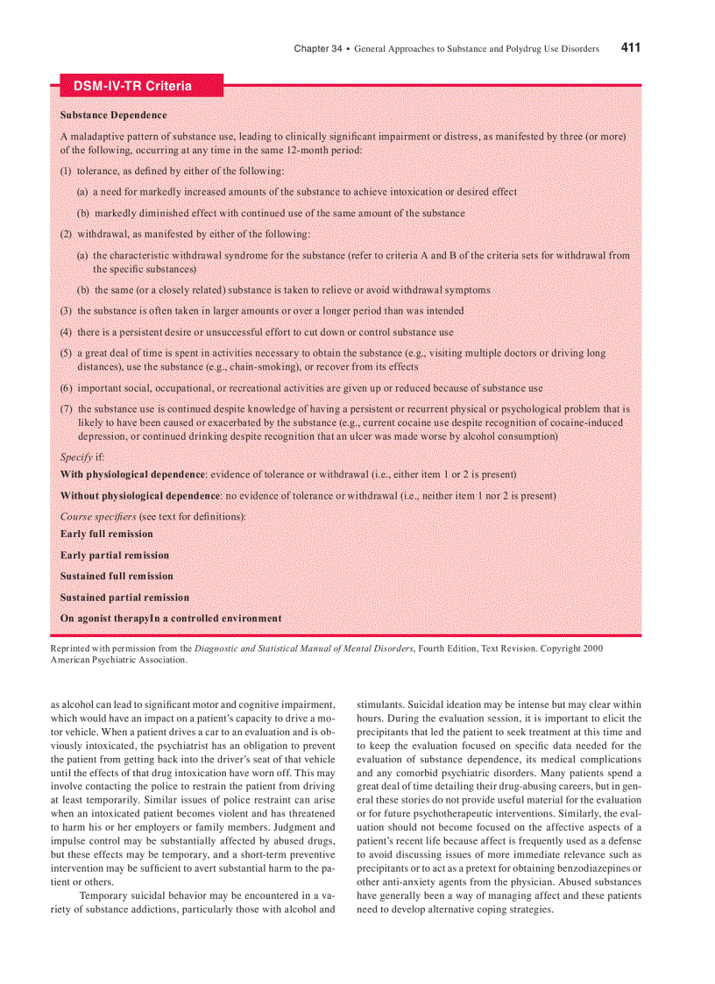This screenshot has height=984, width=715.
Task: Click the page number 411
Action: [x=630, y=48]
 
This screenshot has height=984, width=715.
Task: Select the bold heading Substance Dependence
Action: [x=113, y=115]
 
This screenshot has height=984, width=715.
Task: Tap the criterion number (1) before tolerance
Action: [x=66, y=171]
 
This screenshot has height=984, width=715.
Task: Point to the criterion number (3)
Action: [x=66, y=311]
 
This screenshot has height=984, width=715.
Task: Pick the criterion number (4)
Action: [x=66, y=332]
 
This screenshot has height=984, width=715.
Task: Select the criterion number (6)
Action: [x=66, y=388]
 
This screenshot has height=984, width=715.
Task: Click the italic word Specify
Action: [x=76, y=457]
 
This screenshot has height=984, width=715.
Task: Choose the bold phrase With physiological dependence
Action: [x=132, y=475]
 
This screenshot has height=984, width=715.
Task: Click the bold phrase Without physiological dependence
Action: [x=139, y=496]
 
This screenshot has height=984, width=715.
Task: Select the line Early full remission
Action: [x=106, y=534]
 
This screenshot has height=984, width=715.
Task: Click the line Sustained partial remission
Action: [x=124, y=598]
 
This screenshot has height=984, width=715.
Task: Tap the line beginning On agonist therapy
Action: [x=171, y=619]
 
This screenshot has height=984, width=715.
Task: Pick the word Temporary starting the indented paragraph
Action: [x=108, y=896]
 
